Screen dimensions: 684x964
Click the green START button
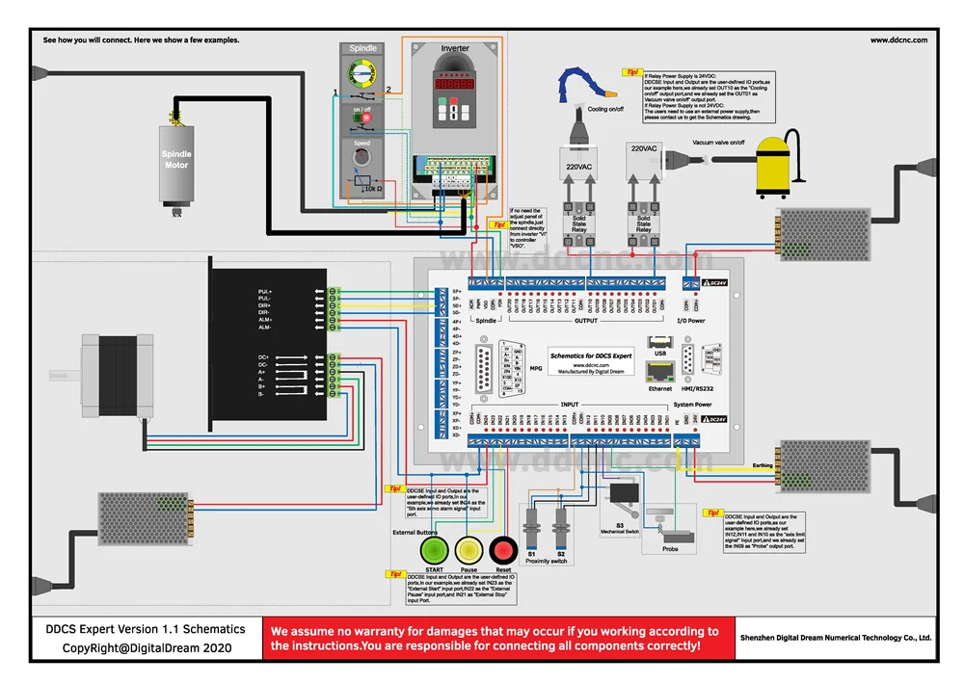[x=435, y=551]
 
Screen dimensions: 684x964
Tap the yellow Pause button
[x=469, y=551]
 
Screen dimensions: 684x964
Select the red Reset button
[x=503, y=551]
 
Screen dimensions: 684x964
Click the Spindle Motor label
[x=176, y=159]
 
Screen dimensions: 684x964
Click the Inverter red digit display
[x=455, y=85]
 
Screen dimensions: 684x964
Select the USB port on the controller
[x=659, y=342]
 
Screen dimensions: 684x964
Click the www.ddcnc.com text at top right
[x=898, y=40]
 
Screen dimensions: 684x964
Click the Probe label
[x=671, y=549]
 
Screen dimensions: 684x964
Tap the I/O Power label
[x=691, y=321]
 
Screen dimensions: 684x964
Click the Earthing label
[x=763, y=465]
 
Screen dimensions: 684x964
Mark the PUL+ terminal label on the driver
[x=265, y=291]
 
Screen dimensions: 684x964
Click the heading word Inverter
[x=455, y=48]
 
